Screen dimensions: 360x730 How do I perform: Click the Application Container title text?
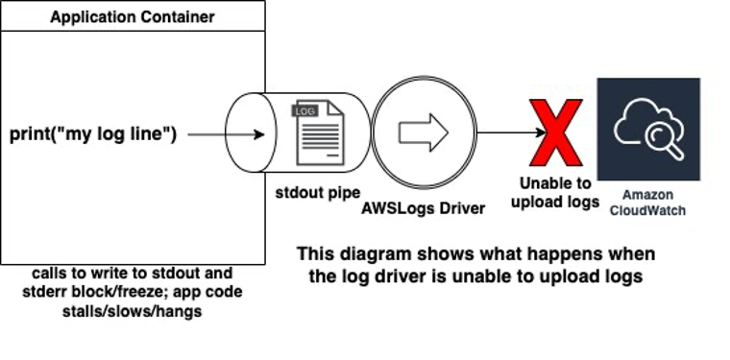point(132,17)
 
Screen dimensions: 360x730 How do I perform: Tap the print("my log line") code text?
point(93,134)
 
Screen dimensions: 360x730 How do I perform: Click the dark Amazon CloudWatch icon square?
point(648,129)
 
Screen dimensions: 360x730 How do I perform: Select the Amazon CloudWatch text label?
point(648,203)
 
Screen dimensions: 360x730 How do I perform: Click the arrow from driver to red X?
point(504,132)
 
